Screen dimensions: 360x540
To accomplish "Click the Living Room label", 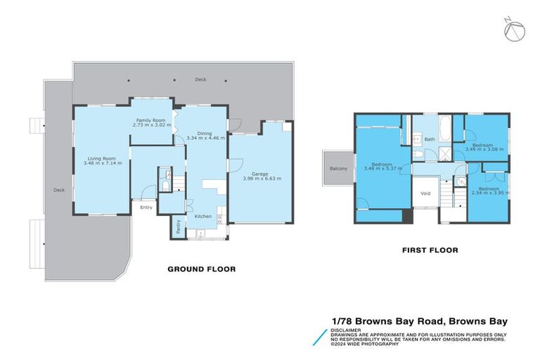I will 102,158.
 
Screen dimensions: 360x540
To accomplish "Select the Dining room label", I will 204,133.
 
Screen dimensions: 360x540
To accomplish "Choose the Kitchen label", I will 202,216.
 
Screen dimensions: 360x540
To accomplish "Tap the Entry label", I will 146,207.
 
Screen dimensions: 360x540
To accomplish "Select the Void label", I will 425,193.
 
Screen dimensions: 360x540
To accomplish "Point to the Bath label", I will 430,139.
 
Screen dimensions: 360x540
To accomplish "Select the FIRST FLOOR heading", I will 430,250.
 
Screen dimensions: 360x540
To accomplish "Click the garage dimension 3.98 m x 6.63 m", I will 262,179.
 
